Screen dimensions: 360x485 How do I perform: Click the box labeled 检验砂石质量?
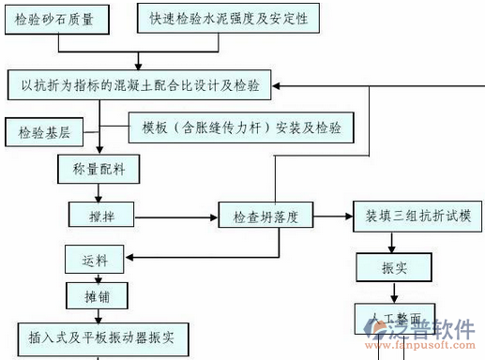tap(54, 19)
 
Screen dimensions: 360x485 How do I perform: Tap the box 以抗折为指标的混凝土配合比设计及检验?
tap(140, 86)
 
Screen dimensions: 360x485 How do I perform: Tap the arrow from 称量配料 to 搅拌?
tap(97, 193)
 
